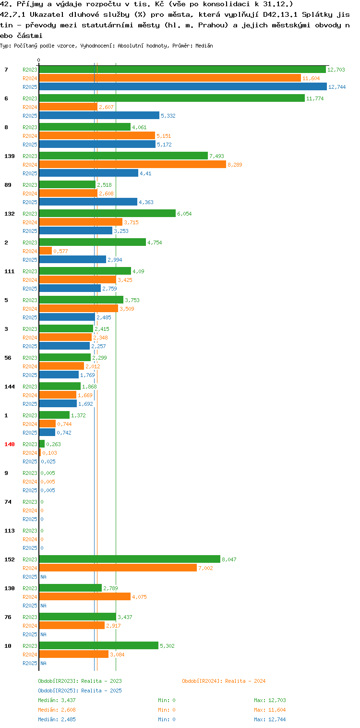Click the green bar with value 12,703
click(x=182, y=70)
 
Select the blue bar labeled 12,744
click(x=183, y=87)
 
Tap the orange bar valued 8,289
click(x=132, y=164)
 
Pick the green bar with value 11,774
click(x=172, y=98)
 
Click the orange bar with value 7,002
click(x=118, y=568)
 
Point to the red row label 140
click(x=10, y=444)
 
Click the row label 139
click(x=10, y=156)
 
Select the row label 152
click(x=10, y=559)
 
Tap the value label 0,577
click(x=60, y=251)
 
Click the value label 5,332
click(x=168, y=116)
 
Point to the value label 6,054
click(x=184, y=214)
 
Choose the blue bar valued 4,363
click(x=88, y=202)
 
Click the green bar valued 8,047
click(x=130, y=559)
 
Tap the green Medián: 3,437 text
click(x=57, y=700)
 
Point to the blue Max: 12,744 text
click(x=270, y=719)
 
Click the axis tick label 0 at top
click(x=39, y=60)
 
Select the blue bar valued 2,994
click(x=72, y=259)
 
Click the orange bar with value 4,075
click(x=85, y=596)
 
